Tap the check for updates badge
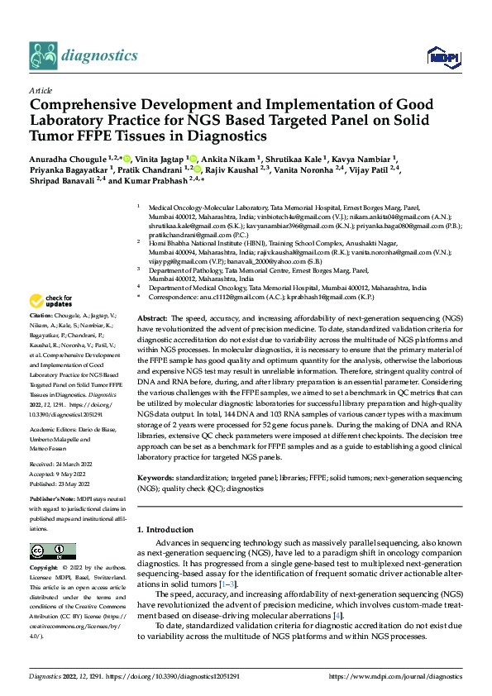[52, 301]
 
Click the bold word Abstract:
[152, 295]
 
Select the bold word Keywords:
[155, 479]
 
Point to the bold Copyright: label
[45, 569]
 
